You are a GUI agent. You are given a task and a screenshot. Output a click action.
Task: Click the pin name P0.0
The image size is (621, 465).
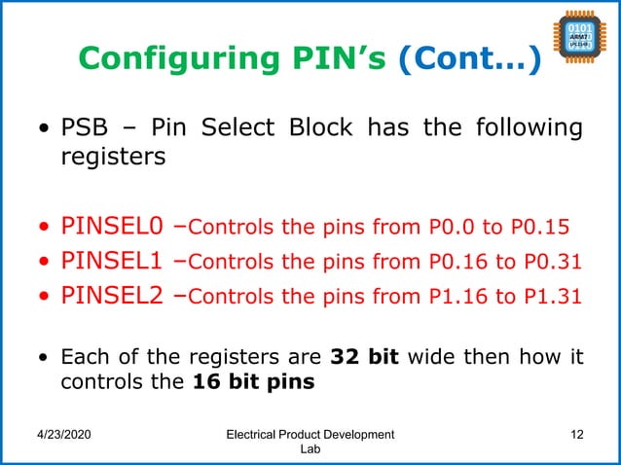452,230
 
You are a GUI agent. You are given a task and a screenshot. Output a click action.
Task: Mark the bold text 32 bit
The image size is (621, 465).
371,356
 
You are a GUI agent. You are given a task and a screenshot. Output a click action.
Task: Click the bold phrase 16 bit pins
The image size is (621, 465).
253,382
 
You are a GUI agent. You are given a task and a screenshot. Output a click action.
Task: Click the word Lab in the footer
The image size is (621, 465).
310,451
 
